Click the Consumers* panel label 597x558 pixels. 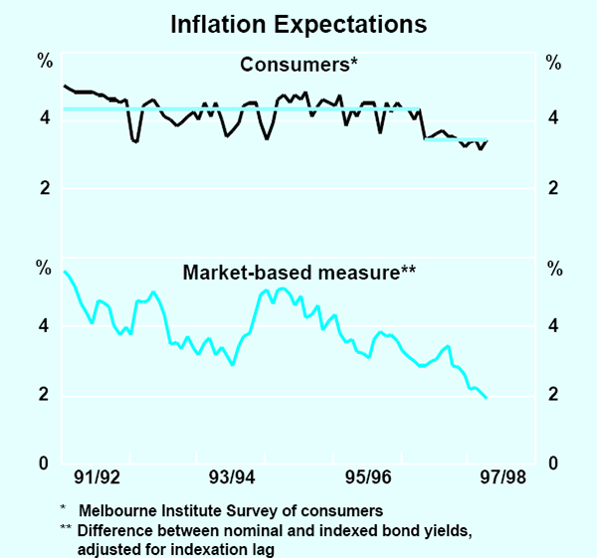298,66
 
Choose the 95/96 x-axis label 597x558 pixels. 367,477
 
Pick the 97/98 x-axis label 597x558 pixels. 501,477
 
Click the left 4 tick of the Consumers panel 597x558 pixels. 45,119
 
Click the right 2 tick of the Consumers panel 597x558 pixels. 552,189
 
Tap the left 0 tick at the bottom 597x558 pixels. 45,464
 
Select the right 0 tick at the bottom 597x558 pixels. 552,464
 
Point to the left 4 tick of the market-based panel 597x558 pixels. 45,326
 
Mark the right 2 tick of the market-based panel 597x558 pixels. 552,395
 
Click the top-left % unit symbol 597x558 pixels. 45,62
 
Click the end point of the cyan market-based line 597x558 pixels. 486,398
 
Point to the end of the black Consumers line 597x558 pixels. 488,141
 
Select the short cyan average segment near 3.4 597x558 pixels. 456,139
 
